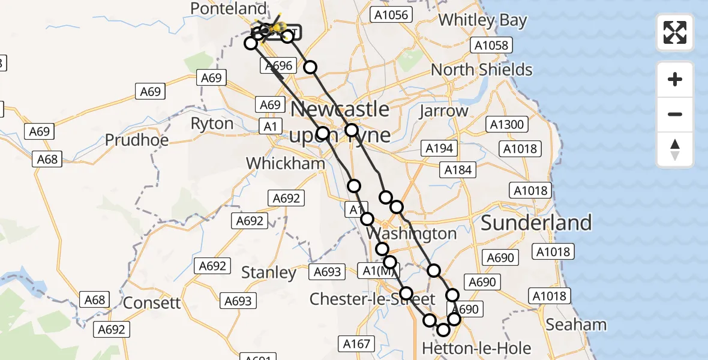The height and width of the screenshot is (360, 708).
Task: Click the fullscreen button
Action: coord(675,32)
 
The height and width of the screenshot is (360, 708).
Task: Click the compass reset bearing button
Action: coord(675,149)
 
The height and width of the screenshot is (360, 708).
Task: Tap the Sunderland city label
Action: coord(536,223)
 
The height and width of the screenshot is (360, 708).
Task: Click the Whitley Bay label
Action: coord(482,20)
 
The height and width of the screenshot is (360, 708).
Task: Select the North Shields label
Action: coord(481,70)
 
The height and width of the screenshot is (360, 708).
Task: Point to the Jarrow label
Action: coord(443,111)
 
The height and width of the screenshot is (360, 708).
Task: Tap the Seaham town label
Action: coord(576,325)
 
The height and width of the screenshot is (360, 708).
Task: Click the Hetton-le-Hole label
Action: coord(476,348)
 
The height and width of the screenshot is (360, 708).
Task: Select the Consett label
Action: coord(151,302)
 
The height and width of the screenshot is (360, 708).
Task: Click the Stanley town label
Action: coord(269,272)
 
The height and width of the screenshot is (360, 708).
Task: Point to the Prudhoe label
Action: coord(137,140)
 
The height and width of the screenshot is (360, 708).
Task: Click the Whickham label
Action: coord(286,163)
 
